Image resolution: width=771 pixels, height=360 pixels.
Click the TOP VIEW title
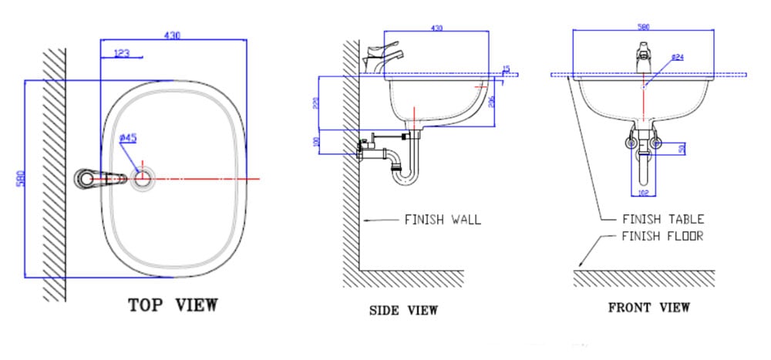coord(173,304)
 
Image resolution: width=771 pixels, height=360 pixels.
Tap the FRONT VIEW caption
coord(649,307)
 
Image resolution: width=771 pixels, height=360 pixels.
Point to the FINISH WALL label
coord(443,220)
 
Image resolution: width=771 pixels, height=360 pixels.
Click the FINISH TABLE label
coord(662,220)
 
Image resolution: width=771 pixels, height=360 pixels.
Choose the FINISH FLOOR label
coord(662,236)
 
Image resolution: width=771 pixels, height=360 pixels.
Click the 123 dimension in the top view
coord(121,53)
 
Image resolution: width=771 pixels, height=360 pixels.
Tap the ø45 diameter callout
coord(128,138)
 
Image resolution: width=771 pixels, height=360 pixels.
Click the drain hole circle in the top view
coord(143,179)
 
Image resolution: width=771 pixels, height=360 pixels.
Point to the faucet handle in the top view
coord(100,179)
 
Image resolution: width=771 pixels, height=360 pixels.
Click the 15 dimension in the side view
coord(506,69)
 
